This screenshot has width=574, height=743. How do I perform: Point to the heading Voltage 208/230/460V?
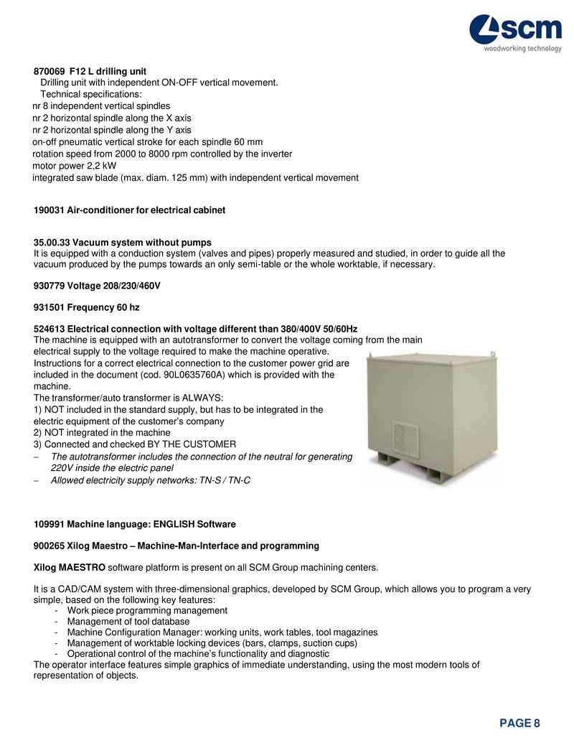click(x=97, y=286)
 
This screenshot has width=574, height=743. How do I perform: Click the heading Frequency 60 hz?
click(x=87, y=307)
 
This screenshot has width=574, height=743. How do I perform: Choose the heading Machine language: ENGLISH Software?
click(x=135, y=524)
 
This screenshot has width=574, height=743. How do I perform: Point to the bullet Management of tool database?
click(x=128, y=622)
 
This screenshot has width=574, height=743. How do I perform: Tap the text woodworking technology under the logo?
click(x=522, y=49)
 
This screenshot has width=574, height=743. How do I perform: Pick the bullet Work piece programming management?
click(x=147, y=611)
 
